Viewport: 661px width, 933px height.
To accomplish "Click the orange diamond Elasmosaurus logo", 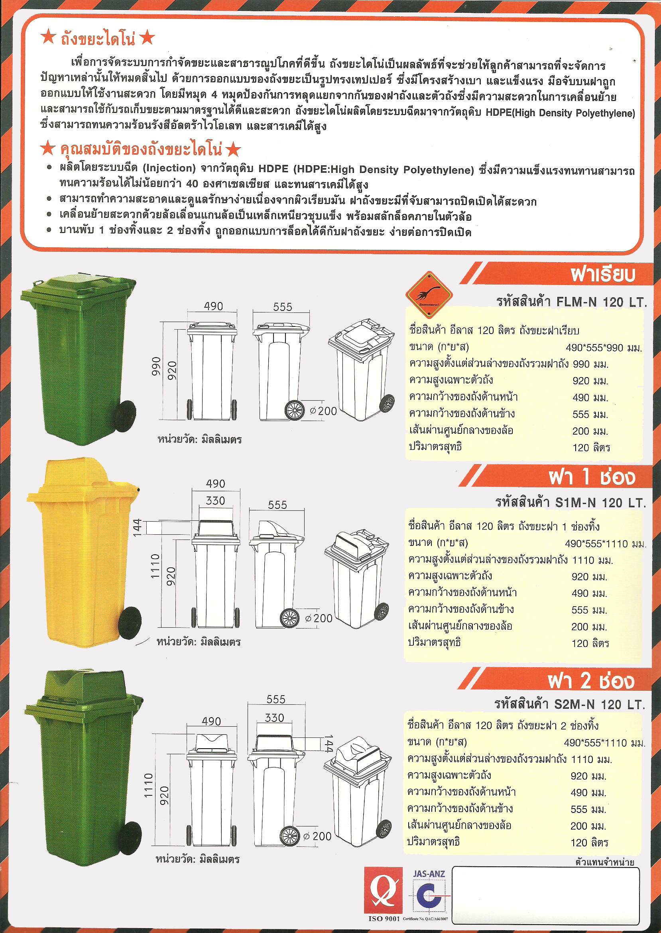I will [x=429, y=294].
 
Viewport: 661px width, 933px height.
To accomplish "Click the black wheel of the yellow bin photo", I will [x=130, y=623].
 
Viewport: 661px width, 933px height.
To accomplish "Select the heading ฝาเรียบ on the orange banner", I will [x=602, y=274].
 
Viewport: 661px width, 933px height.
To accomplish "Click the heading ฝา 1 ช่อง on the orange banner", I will [x=591, y=477].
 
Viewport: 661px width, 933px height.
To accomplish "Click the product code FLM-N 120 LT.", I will [x=601, y=302].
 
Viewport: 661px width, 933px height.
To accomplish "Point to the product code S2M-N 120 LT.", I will [x=600, y=704].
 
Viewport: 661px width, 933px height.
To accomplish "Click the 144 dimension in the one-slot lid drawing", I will [x=137, y=527].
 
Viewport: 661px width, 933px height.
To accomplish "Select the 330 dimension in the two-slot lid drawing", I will [x=274, y=718].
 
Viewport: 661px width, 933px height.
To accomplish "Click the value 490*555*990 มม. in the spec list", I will [x=603, y=348].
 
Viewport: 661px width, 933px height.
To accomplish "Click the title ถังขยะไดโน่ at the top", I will [x=98, y=39].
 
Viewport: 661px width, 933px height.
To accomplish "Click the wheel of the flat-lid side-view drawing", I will [x=294, y=410].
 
